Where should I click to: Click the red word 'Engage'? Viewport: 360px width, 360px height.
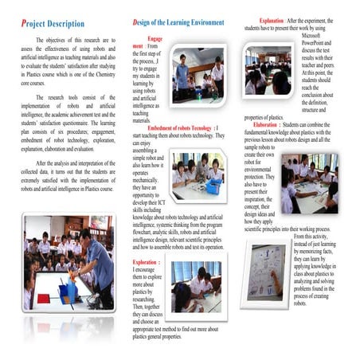click(155, 38)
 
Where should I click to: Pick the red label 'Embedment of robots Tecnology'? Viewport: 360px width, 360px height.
click(180, 127)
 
